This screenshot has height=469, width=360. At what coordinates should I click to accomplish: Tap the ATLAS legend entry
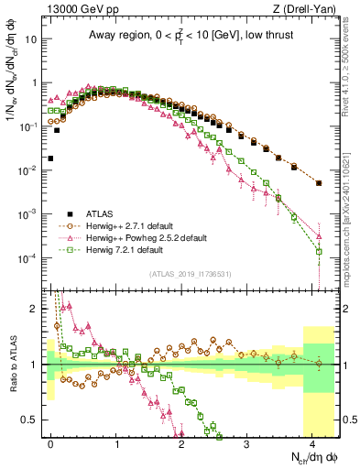coord(93,213)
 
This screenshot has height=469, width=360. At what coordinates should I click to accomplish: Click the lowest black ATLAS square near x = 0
coord(51,158)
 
